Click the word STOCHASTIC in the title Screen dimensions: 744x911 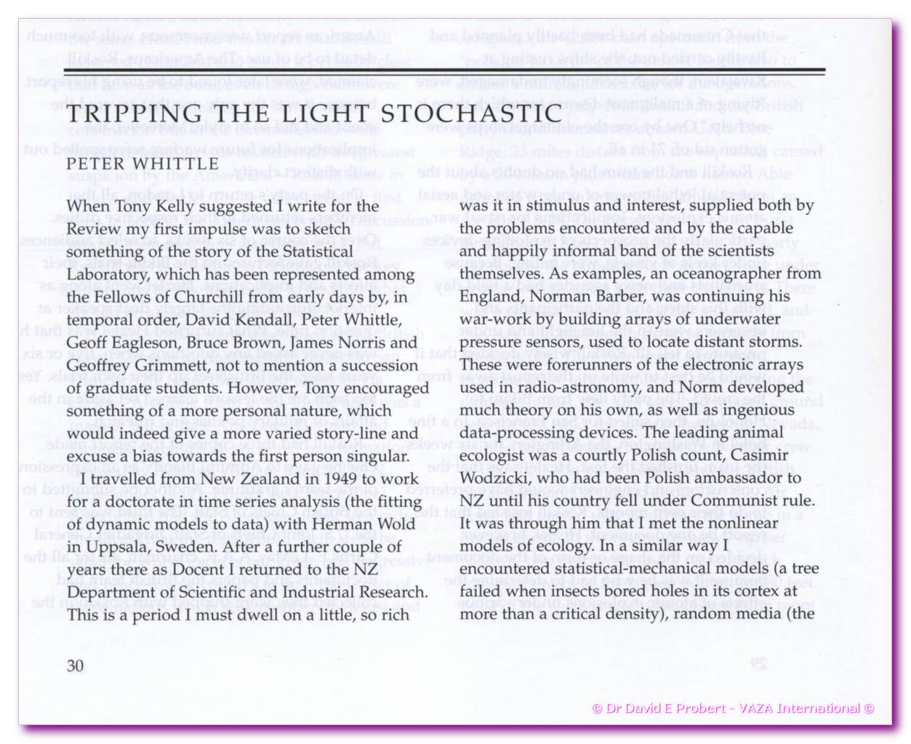pyautogui.click(x=482, y=114)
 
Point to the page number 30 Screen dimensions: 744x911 pyautogui.click(x=75, y=665)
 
